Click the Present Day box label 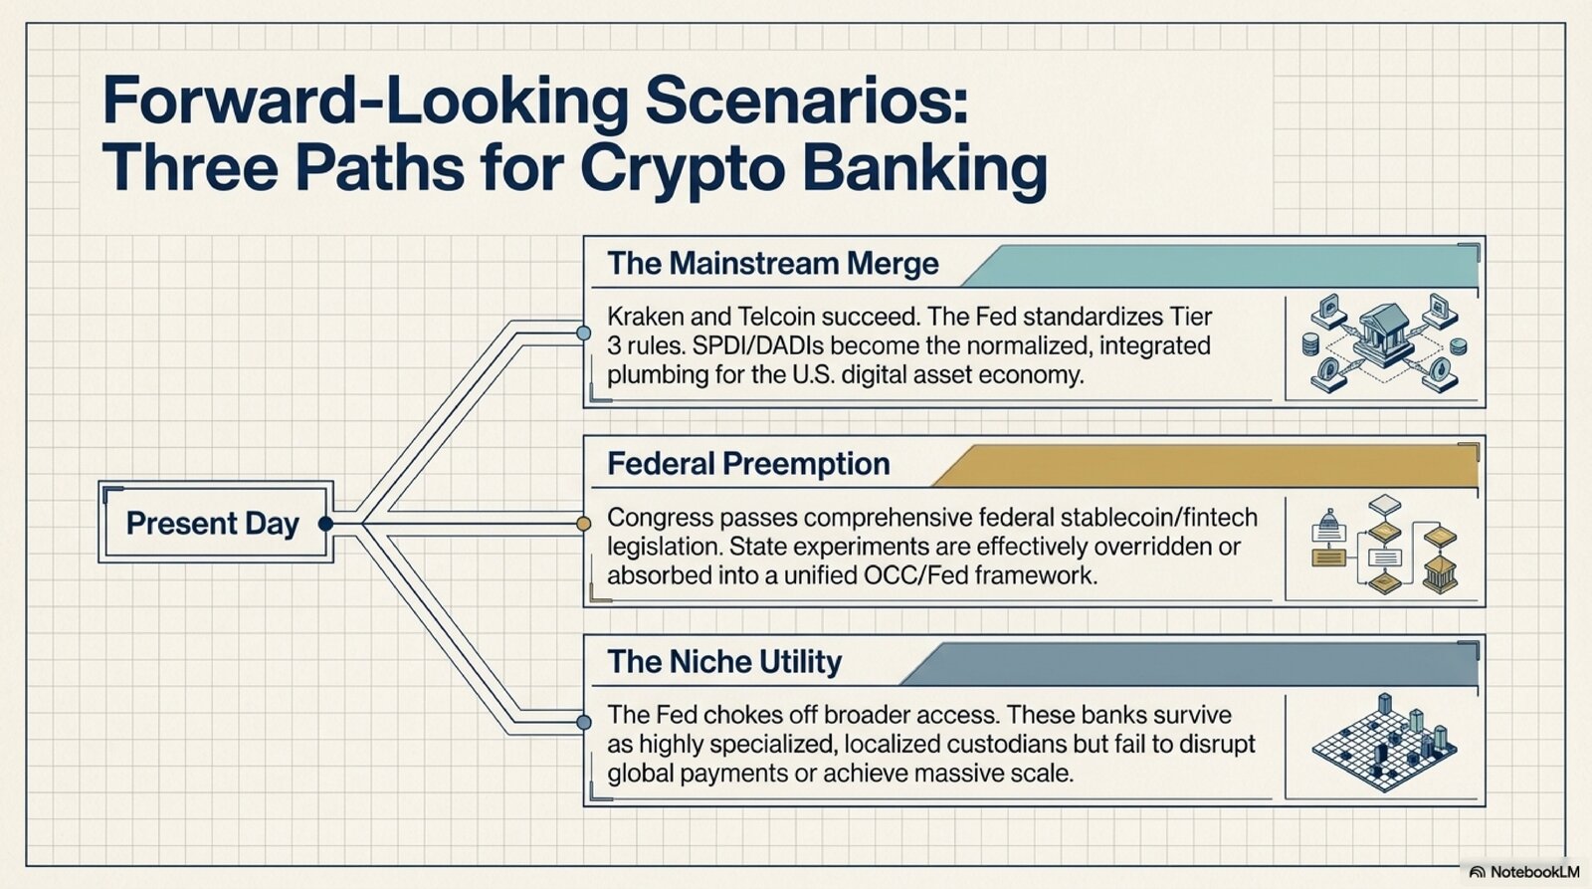click(213, 524)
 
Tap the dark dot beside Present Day click(325, 524)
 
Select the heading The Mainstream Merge click(772, 264)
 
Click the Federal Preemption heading click(748, 464)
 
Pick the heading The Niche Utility click(724, 662)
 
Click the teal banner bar click(1220, 266)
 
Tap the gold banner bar click(1205, 466)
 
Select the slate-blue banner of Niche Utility click(1189, 664)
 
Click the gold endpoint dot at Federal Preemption click(583, 525)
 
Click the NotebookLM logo click(1523, 872)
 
